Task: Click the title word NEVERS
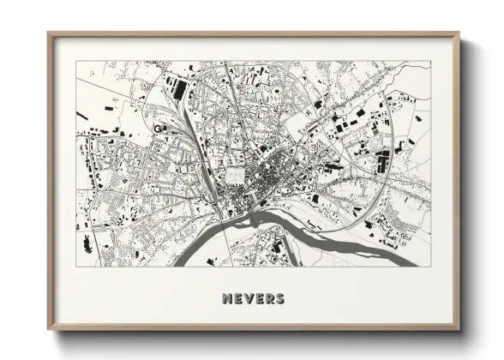(x=252, y=299)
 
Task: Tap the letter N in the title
(x=226, y=299)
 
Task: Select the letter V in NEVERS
(x=247, y=299)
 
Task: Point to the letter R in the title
(x=267, y=299)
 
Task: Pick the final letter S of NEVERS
(x=279, y=299)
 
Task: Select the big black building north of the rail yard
(x=179, y=86)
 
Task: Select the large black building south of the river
(x=276, y=249)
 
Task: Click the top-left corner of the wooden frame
(x=50, y=35)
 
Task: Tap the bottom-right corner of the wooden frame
(x=459, y=329)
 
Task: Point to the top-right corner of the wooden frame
(x=459, y=35)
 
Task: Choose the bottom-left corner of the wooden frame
(x=50, y=329)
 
